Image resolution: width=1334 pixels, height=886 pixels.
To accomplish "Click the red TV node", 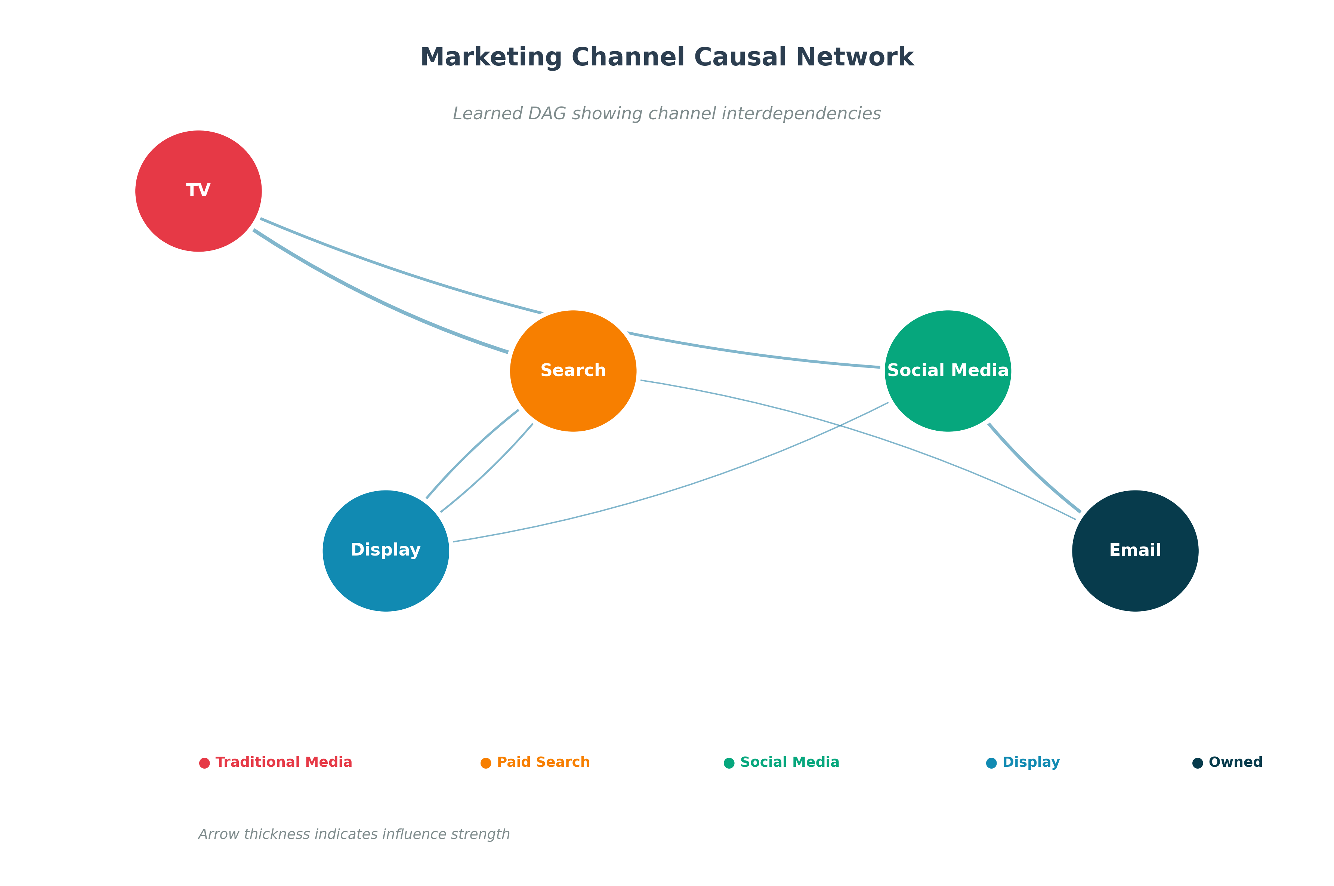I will pos(198,191).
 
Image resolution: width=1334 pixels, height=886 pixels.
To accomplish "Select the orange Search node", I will pos(573,371).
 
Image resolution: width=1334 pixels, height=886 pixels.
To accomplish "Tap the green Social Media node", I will pos(947,371).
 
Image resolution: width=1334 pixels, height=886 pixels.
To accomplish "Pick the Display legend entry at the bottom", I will pos(1030,762).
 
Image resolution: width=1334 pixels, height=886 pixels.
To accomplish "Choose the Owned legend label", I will pos(1235,762).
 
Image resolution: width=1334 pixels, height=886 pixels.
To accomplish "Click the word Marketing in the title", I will pos(491,58).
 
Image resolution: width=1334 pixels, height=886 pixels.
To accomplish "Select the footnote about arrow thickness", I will pos(353,834).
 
